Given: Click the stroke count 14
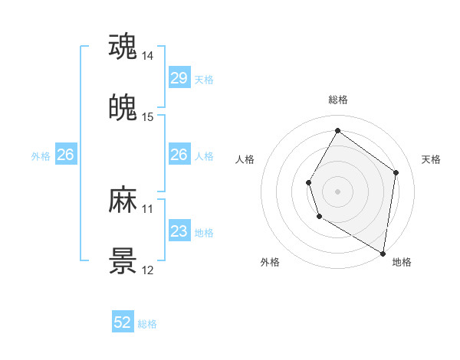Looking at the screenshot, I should [x=148, y=56].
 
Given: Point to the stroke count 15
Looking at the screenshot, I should [x=148, y=117].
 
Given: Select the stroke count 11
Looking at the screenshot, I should [x=148, y=209].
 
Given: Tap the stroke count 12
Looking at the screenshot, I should [x=148, y=270].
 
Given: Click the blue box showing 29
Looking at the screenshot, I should [x=179, y=78].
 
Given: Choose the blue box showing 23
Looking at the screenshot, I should [x=179, y=231].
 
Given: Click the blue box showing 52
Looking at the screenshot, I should [x=123, y=323].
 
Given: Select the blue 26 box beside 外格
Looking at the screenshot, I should [x=66, y=155].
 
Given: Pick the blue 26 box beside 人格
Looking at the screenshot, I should [x=179, y=155].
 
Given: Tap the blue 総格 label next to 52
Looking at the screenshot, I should [x=148, y=324].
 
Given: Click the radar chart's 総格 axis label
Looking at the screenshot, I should [x=337, y=100].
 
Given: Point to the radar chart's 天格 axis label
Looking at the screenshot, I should [x=432, y=159].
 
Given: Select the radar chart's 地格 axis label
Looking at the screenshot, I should [x=402, y=262].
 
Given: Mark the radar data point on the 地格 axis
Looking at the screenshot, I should [x=383, y=253].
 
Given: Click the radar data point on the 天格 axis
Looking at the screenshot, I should [x=396, y=172].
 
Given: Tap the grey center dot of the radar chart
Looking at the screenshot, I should [x=337, y=191].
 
